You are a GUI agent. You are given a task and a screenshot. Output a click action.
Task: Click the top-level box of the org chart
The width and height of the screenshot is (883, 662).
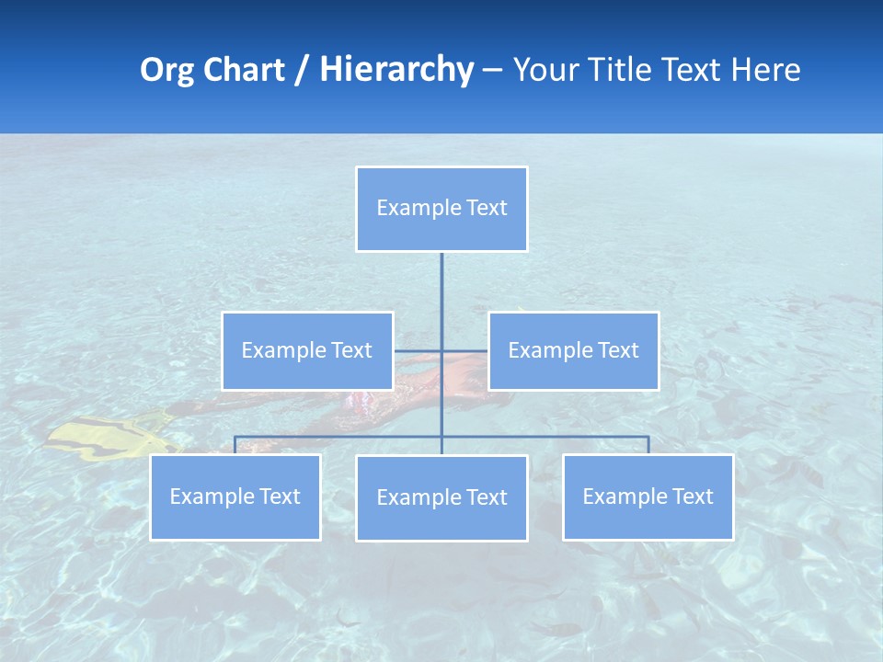click(x=441, y=209)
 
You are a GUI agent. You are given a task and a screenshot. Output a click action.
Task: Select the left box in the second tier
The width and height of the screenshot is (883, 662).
click(x=307, y=350)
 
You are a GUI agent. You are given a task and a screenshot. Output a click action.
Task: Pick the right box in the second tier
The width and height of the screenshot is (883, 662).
click(x=573, y=350)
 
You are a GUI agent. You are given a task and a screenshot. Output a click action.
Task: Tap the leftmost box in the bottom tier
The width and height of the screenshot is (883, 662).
click(x=235, y=496)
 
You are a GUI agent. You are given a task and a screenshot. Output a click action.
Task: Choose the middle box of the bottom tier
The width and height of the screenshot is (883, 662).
click(x=441, y=497)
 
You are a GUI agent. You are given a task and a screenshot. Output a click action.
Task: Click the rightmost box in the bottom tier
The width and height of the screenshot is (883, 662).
click(x=648, y=496)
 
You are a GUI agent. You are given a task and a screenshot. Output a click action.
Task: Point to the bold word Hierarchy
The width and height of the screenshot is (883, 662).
click(x=396, y=70)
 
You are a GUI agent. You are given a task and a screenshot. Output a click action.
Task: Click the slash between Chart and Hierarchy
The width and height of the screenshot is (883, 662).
click(x=302, y=70)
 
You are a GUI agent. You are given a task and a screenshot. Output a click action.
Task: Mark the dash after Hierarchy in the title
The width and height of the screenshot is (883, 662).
click(x=492, y=71)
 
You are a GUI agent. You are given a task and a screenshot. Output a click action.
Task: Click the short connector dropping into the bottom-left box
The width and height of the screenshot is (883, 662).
click(x=235, y=445)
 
